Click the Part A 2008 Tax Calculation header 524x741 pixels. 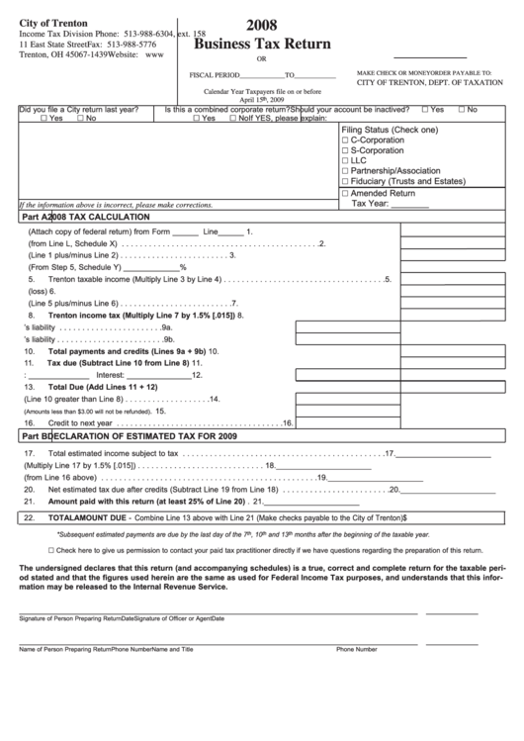(86, 216)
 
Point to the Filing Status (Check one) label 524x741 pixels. (390, 130)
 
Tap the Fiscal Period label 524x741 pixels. (215, 75)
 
